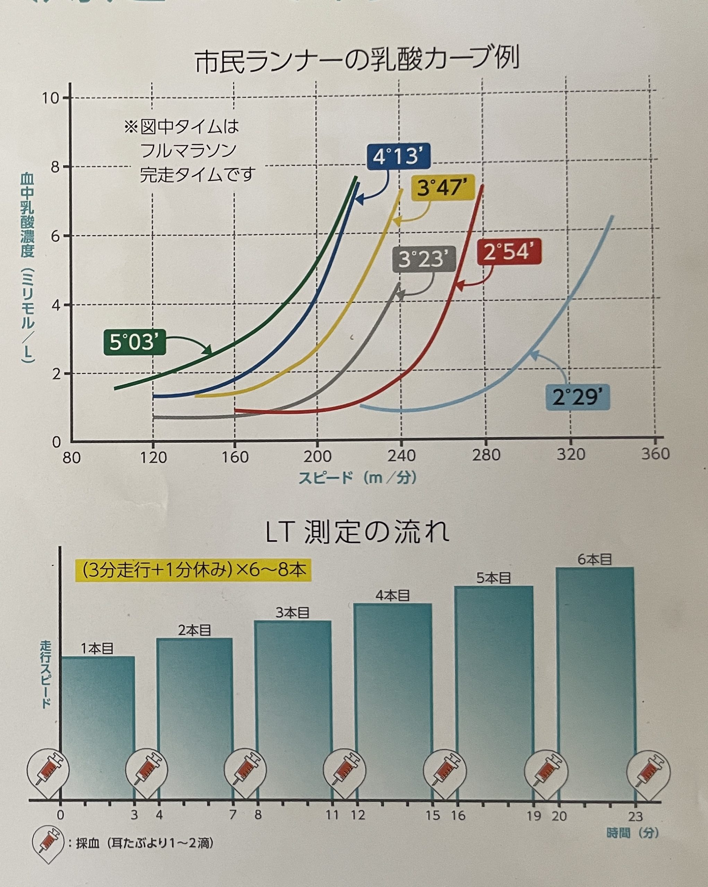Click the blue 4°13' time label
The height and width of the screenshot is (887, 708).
[x=398, y=157]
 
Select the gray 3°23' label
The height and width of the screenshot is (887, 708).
[x=423, y=259]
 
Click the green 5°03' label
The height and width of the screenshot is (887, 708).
[x=134, y=342]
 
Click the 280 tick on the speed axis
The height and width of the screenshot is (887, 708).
[x=486, y=455]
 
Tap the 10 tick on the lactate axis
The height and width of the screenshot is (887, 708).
[x=50, y=98]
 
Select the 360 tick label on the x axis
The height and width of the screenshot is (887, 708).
[x=655, y=453]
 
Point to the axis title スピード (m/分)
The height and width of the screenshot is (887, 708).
[x=357, y=478]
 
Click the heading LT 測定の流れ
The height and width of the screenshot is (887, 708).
[x=356, y=532]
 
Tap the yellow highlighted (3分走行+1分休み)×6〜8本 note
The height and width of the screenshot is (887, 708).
[x=193, y=570]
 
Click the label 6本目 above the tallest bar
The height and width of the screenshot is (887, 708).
[x=594, y=560]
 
